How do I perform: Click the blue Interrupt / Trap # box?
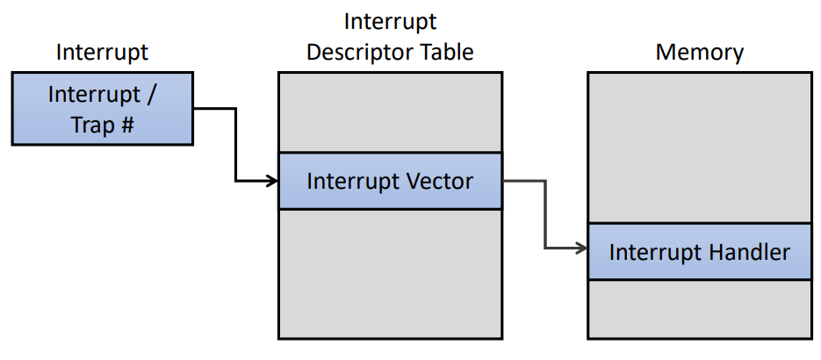[x=103, y=109]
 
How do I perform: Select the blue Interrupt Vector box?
[x=390, y=181]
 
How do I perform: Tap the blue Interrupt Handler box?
[x=700, y=252]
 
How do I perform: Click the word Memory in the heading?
[x=700, y=53]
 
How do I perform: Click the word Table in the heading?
[x=448, y=53]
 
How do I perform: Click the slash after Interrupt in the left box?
[x=151, y=95]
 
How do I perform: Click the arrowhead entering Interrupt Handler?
[x=582, y=248]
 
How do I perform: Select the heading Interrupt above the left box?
[x=102, y=53]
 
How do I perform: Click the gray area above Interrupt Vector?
[x=390, y=112]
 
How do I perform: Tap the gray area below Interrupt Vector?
[x=390, y=274]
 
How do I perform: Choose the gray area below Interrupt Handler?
[x=700, y=309]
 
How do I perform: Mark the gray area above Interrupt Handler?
[x=700, y=148]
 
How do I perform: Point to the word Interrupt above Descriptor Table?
[x=390, y=22]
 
